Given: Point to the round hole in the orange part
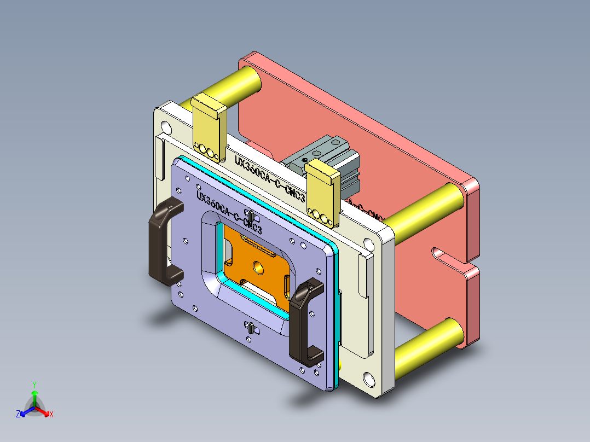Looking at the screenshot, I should click(258, 268).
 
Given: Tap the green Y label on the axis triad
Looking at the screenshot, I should click(34, 384).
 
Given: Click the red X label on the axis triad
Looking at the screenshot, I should click(51, 414).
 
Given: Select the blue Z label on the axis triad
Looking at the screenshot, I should click(18, 414).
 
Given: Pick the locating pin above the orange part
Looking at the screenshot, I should click(250, 215).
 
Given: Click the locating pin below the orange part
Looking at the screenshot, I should click(250, 330).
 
